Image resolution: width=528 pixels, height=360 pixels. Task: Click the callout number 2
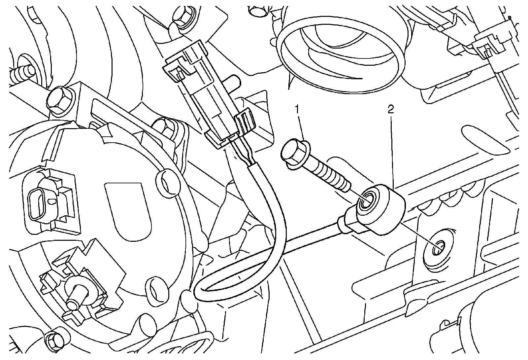[x=391, y=110]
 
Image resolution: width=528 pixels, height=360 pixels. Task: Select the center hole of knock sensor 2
[x=367, y=200]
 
